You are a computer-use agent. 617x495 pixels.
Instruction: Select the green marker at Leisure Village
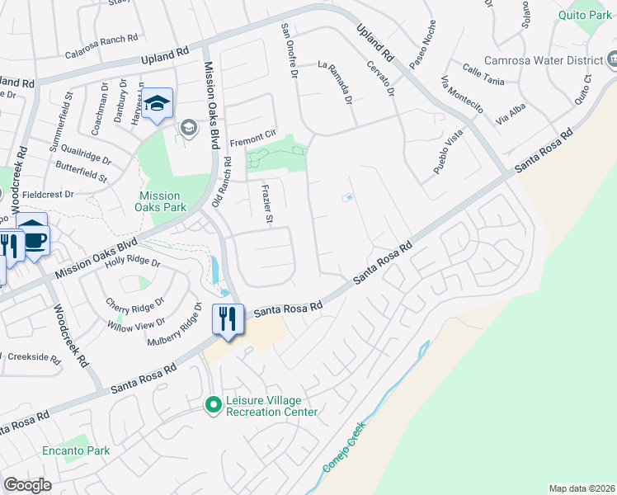pyautogui.click(x=214, y=404)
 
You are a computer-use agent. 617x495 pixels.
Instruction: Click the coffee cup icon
pyautogui.click(x=36, y=239)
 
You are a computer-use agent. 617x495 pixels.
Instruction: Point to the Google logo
pyautogui.click(x=27, y=484)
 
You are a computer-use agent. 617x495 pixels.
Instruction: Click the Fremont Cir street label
pyautogui.click(x=252, y=136)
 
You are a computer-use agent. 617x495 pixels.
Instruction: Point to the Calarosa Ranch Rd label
pyautogui.click(x=101, y=38)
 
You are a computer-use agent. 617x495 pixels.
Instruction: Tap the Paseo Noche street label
pyautogui.click(x=422, y=46)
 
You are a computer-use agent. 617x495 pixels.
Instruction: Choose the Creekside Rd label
pyautogui.click(x=33, y=360)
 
